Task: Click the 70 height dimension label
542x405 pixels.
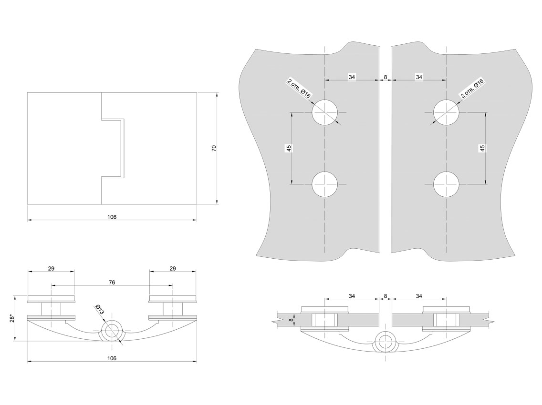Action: (214, 148)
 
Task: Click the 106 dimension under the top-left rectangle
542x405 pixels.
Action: (112, 217)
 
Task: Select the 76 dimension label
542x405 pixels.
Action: (112, 283)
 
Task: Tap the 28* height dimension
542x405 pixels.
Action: (12, 318)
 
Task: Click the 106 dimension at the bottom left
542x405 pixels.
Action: (112, 358)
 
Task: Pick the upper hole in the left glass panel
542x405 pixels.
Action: (324, 112)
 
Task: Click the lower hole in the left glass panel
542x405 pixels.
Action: (324, 184)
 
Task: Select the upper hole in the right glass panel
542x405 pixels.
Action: (446, 112)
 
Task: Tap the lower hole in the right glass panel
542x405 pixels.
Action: (446, 184)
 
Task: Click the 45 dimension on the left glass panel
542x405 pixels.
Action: (289, 148)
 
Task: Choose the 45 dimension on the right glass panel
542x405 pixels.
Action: (482, 148)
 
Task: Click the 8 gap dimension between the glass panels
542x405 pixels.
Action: (386, 77)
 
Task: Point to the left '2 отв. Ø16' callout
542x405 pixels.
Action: (299, 88)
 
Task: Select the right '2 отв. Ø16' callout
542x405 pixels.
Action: (472, 88)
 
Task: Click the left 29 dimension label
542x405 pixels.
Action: (51, 269)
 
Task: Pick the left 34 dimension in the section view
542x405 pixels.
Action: (352, 296)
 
